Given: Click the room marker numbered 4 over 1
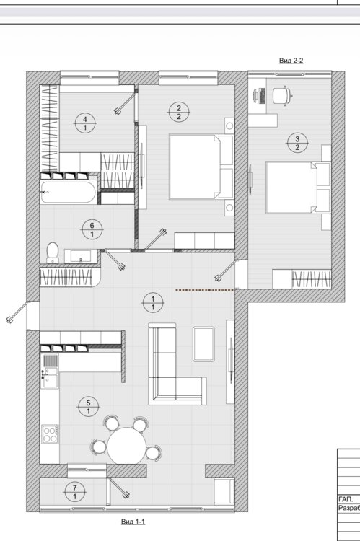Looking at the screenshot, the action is (85, 123).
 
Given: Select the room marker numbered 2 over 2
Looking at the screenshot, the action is (179, 113).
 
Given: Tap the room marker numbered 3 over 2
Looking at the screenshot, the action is (297, 144).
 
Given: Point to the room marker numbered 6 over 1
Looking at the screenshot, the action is (92, 229).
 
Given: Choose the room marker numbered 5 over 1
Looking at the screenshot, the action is (88, 407).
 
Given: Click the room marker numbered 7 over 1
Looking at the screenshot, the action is (75, 493).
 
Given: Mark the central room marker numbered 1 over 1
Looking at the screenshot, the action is (153, 303).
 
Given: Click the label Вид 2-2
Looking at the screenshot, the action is (291, 61).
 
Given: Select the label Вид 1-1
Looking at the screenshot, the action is (133, 522).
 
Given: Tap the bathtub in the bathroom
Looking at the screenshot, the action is (68, 192).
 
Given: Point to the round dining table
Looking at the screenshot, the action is (127, 446).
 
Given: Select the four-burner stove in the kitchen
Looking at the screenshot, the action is (50, 434).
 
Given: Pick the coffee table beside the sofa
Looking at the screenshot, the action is (203, 344).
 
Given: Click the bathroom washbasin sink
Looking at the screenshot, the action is (81, 256).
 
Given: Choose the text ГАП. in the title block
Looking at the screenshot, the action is (346, 499).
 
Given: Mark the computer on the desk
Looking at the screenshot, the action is (260, 96).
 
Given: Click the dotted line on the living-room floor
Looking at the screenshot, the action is (205, 290).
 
